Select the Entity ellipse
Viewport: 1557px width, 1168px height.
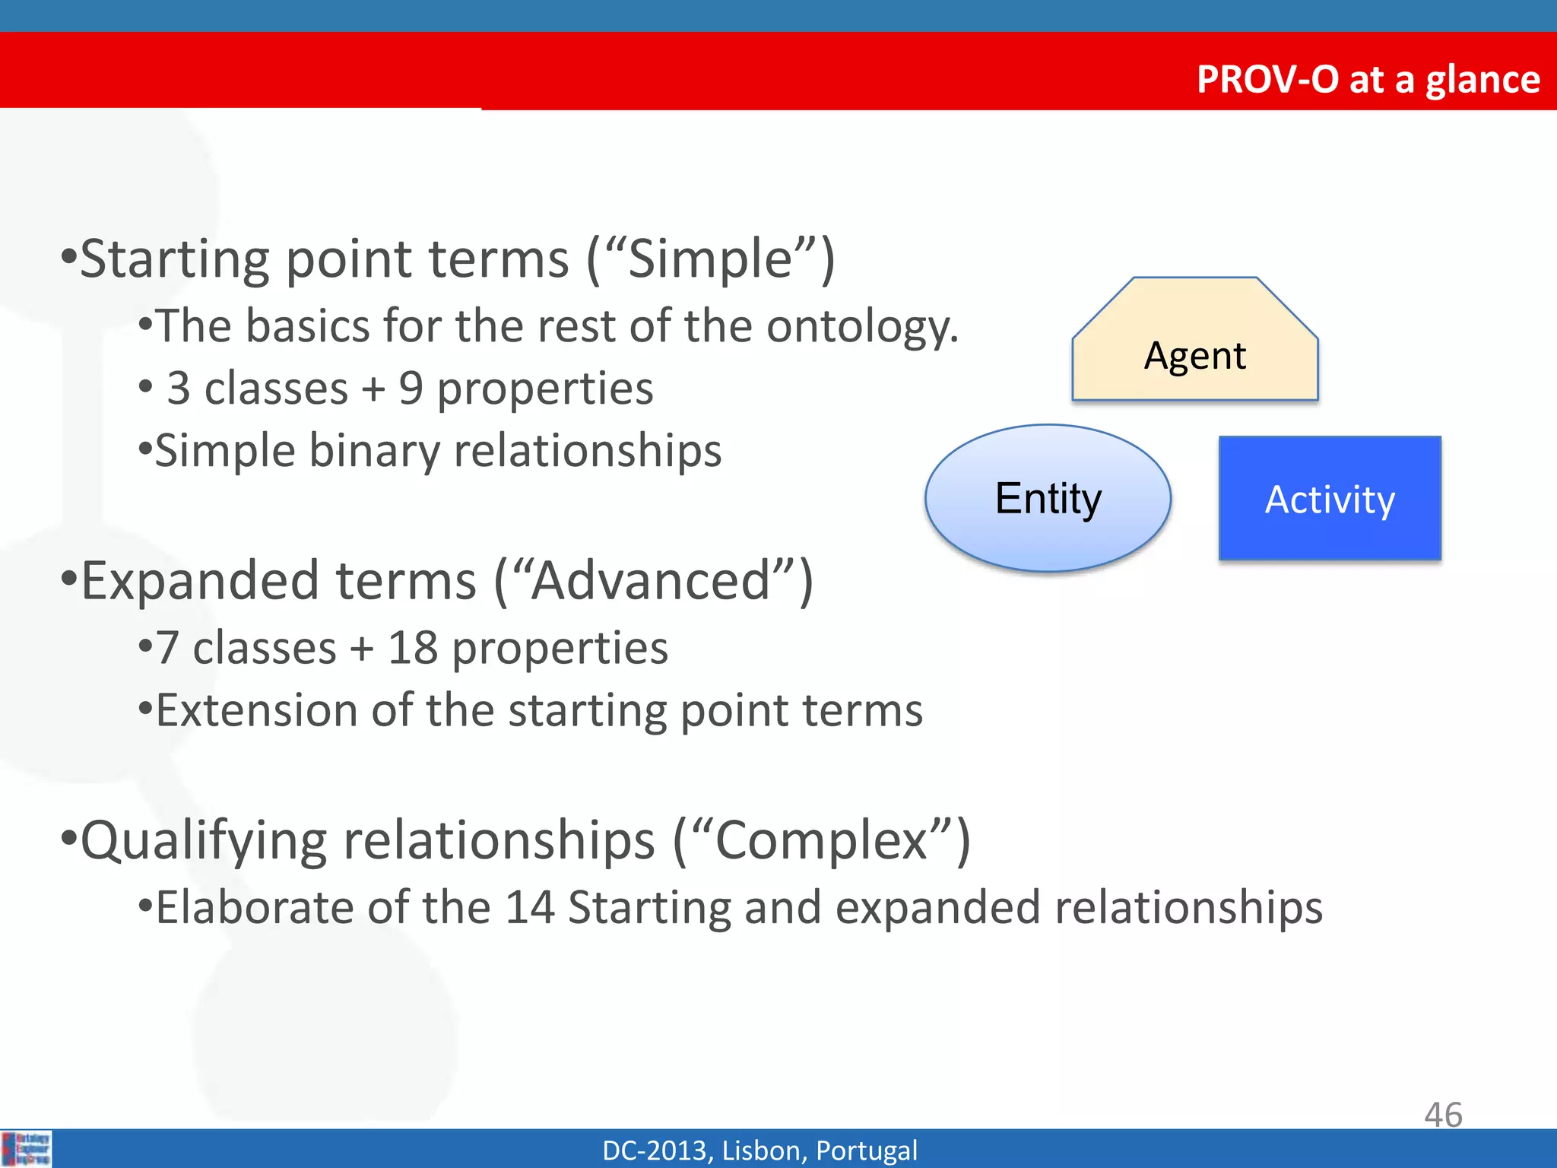1048,498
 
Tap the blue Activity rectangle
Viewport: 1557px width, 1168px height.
1330,499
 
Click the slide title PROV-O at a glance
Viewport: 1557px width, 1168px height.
1368,79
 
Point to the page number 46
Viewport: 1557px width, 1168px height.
1442,1115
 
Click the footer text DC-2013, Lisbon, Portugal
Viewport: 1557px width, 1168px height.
759,1151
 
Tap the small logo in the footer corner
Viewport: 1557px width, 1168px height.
27,1148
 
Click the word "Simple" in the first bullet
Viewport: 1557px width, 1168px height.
710,259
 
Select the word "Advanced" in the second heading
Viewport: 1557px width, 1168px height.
651,581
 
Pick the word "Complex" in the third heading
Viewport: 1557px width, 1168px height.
821,841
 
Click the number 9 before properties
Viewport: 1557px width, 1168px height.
411,389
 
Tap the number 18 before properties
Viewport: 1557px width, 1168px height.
413,649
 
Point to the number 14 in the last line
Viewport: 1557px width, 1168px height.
529,908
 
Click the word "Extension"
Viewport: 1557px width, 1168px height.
256,711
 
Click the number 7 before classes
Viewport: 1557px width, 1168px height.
167,649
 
